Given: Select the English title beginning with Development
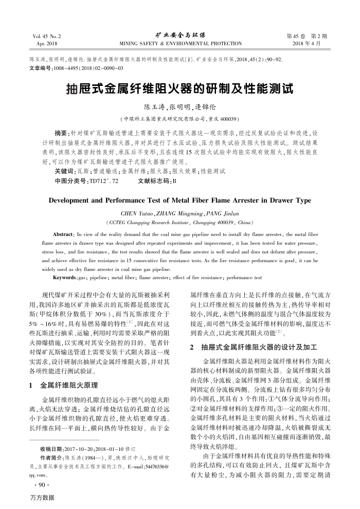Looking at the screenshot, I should point(180,200).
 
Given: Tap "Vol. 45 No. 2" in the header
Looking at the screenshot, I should point(46,37).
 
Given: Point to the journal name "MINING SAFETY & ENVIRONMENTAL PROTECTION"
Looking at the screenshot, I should point(180,44).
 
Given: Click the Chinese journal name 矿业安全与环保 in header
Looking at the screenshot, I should point(180,35).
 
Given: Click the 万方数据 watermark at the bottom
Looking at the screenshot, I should point(42,499).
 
